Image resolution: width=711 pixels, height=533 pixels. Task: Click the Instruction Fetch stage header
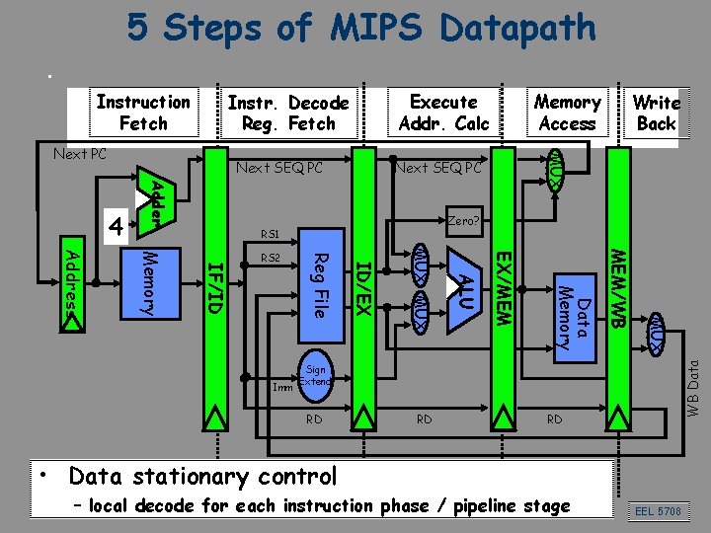(143, 113)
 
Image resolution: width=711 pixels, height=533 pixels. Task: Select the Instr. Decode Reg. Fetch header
(287, 114)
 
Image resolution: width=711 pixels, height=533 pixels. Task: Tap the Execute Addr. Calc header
(443, 113)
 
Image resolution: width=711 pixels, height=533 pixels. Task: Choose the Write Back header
(656, 113)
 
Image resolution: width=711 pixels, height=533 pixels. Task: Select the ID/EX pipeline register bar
(362, 296)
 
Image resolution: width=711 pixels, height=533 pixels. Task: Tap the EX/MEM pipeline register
(502, 296)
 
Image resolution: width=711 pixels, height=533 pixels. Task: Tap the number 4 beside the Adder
(117, 226)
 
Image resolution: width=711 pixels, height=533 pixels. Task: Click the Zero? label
(463, 220)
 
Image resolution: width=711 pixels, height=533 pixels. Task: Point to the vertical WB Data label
(693, 384)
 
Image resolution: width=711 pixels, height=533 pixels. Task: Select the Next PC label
(79, 155)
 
